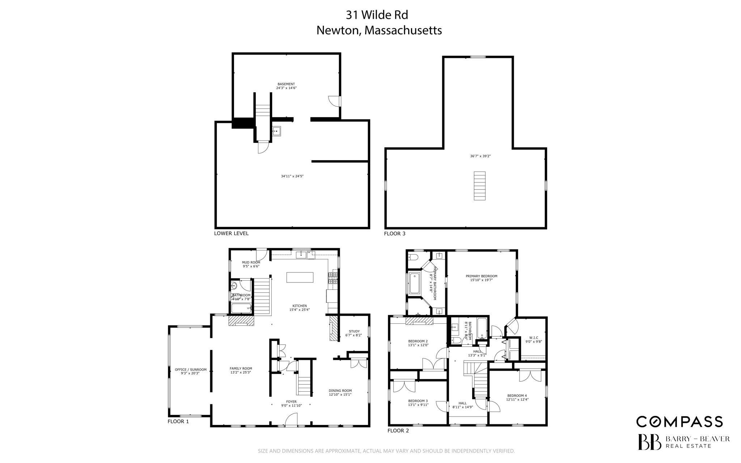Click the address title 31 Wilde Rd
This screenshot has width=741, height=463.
(377, 15)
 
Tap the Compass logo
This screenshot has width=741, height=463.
(679, 421)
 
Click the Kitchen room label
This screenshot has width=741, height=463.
(300, 306)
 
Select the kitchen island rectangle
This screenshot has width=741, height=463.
(300, 277)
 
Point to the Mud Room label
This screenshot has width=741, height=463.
(251, 262)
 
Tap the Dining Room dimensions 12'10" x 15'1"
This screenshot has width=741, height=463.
(340, 395)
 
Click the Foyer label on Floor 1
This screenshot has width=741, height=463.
(291, 402)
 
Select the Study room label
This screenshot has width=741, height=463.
(354, 331)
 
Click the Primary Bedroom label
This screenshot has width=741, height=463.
(481, 276)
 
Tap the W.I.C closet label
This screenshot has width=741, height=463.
(533, 338)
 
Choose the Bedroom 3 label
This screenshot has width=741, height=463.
(418, 401)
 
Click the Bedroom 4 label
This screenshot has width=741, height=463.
(517, 396)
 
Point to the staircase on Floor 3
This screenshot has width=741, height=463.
(479, 186)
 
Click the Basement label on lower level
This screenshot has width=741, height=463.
(286, 84)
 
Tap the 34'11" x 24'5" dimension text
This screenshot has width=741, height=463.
(292, 176)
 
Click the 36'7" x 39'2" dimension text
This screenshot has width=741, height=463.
(480, 156)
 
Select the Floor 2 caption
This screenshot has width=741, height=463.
(398, 430)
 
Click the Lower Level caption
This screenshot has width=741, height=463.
(231, 233)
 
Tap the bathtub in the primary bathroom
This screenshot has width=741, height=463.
(414, 283)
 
